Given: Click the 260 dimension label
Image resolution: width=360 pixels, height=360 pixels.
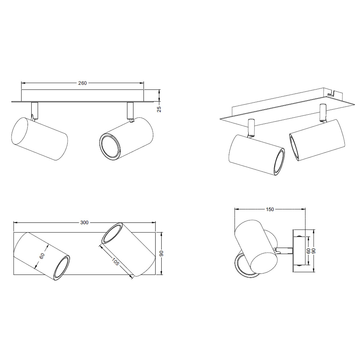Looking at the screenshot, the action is coord(82,83).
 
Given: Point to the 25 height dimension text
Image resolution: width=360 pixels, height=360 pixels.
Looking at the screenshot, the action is coord(159,109).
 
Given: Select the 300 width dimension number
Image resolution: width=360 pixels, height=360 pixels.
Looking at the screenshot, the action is coord(84,223).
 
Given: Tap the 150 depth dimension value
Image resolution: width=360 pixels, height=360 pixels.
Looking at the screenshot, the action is coord(270,209).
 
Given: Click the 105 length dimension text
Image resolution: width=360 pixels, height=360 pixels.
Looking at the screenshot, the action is coord(115,261).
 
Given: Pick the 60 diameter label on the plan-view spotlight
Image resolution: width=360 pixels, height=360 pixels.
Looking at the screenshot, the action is coord(42,256).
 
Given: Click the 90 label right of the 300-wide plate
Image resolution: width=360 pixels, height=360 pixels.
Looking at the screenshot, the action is coord(162,253).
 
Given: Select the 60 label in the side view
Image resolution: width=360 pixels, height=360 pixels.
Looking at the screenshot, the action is coord(308,251).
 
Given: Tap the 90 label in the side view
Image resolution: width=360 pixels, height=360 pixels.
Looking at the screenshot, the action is coord(313,251).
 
